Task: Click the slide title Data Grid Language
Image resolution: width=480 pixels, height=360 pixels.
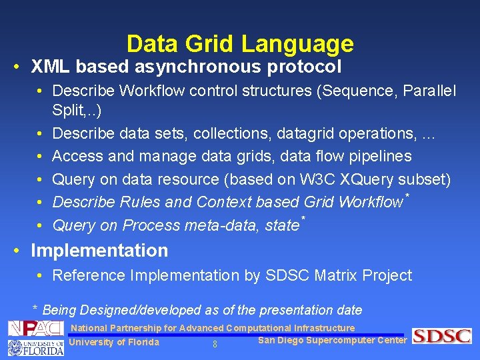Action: pyautogui.click(x=240, y=44)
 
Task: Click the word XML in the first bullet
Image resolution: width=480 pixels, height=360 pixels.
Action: pyautogui.click(x=51, y=67)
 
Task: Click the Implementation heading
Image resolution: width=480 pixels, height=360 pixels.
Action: pyautogui.click(x=99, y=251)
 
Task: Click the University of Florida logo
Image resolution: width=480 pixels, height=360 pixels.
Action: pyautogui.click(x=35, y=347)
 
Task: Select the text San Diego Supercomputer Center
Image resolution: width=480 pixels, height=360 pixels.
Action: pyautogui.click(x=332, y=341)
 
